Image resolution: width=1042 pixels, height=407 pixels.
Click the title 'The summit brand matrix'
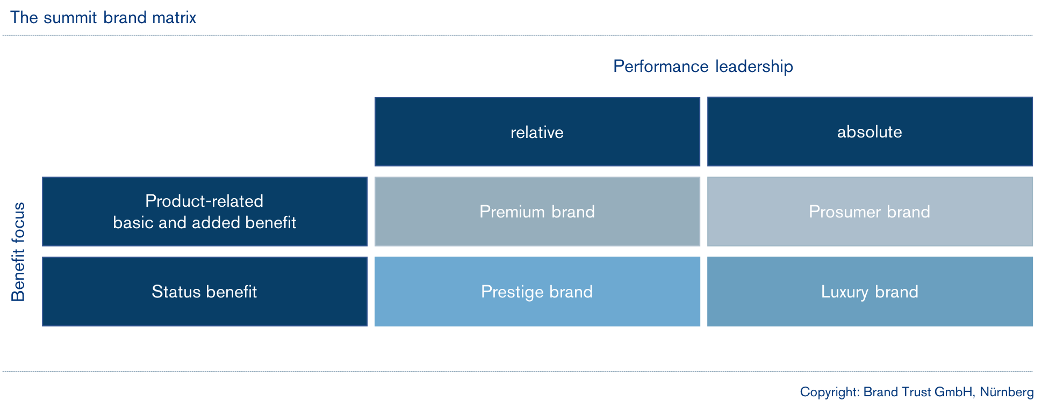tap(103, 18)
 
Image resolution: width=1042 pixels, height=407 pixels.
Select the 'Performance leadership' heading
tap(703, 67)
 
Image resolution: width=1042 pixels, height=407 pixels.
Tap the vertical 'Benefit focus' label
tap(18, 252)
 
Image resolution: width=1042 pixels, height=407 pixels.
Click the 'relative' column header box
tap(537, 132)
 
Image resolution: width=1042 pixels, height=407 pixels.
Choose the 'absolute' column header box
tap(870, 132)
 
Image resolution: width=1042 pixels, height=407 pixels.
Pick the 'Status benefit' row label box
tap(205, 292)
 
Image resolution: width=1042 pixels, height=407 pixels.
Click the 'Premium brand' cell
tap(537, 212)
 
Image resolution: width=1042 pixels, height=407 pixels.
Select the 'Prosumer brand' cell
tap(870, 212)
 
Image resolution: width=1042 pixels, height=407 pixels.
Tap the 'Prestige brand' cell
tap(537, 292)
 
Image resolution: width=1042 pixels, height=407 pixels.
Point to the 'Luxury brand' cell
tap(870, 292)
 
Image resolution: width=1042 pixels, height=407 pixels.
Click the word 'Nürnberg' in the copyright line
tap(1007, 392)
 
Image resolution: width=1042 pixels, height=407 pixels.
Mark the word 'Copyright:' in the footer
tap(829, 393)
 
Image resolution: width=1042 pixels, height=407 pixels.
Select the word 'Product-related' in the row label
tap(204, 201)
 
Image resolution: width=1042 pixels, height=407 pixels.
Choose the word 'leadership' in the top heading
tap(754, 67)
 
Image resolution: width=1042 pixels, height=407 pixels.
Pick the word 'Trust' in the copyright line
tap(916, 392)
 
